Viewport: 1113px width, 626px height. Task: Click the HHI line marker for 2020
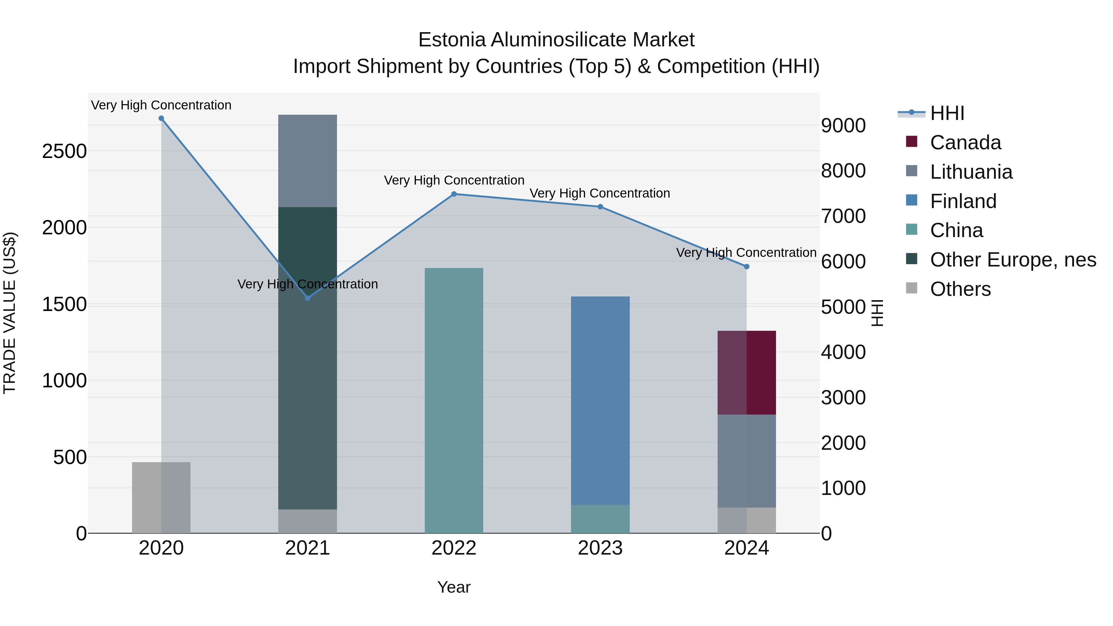click(161, 118)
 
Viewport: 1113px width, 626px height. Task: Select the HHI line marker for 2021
click(308, 298)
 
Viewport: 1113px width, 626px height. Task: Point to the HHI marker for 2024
click(746, 266)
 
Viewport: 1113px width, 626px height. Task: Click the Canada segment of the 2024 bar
click(747, 373)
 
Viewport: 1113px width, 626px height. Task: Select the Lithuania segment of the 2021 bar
click(307, 161)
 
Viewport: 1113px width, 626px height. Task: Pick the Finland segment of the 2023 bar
click(600, 400)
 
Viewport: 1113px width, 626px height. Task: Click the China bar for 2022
click(454, 400)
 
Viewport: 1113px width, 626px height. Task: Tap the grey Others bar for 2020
click(161, 497)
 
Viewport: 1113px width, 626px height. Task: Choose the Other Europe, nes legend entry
click(1013, 260)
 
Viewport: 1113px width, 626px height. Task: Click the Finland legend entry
click(963, 201)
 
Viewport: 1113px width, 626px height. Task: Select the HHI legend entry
click(947, 113)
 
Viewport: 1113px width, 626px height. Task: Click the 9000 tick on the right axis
click(843, 126)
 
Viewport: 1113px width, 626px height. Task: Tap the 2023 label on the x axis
click(600, 548)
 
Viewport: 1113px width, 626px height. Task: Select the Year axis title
click(454, 587)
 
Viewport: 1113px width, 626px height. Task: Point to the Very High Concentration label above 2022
click(454, 180)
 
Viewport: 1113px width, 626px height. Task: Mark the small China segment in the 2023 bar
click(600, 518)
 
